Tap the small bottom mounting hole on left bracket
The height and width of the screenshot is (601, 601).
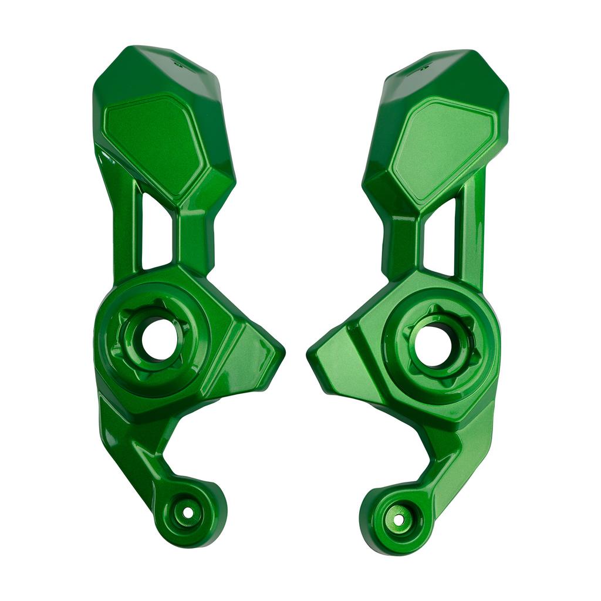click(187, 512)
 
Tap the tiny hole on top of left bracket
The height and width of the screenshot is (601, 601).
click(175, 60)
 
